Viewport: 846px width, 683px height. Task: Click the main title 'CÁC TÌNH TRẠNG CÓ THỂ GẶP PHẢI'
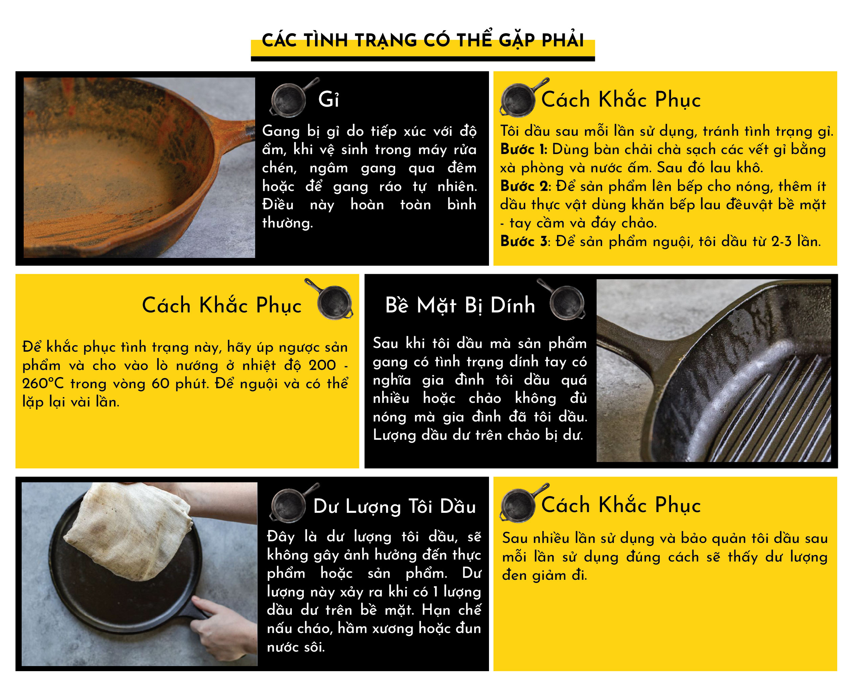(422, 41)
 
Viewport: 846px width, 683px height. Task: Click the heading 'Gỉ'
(328, 99)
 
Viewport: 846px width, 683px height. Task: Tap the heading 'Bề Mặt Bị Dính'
(460, 306)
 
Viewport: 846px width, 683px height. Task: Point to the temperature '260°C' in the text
(43, 383)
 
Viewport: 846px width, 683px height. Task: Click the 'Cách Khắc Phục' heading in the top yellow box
(621, 100)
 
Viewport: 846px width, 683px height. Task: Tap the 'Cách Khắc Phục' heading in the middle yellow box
(221, 306)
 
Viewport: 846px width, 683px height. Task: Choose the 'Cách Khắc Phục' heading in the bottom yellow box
(621, 505)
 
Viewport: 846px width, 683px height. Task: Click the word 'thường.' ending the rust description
(288, 223)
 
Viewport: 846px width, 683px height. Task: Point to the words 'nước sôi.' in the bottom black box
(296, 647)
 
